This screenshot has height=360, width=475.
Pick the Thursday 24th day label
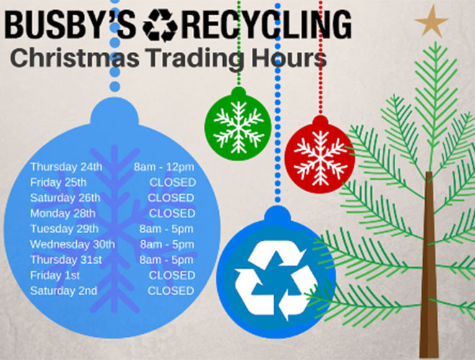click(66, 167)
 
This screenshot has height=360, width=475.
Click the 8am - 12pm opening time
click(164, 167)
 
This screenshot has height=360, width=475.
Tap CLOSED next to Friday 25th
click(171, 182)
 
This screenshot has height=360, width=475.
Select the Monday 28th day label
click(63, 213)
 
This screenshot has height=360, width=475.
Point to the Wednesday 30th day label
click(72, 244)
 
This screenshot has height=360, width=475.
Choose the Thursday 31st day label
click(66, 260)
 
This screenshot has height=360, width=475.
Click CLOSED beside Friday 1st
click(171, 275)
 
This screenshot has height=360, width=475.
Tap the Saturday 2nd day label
click(63, 291)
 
